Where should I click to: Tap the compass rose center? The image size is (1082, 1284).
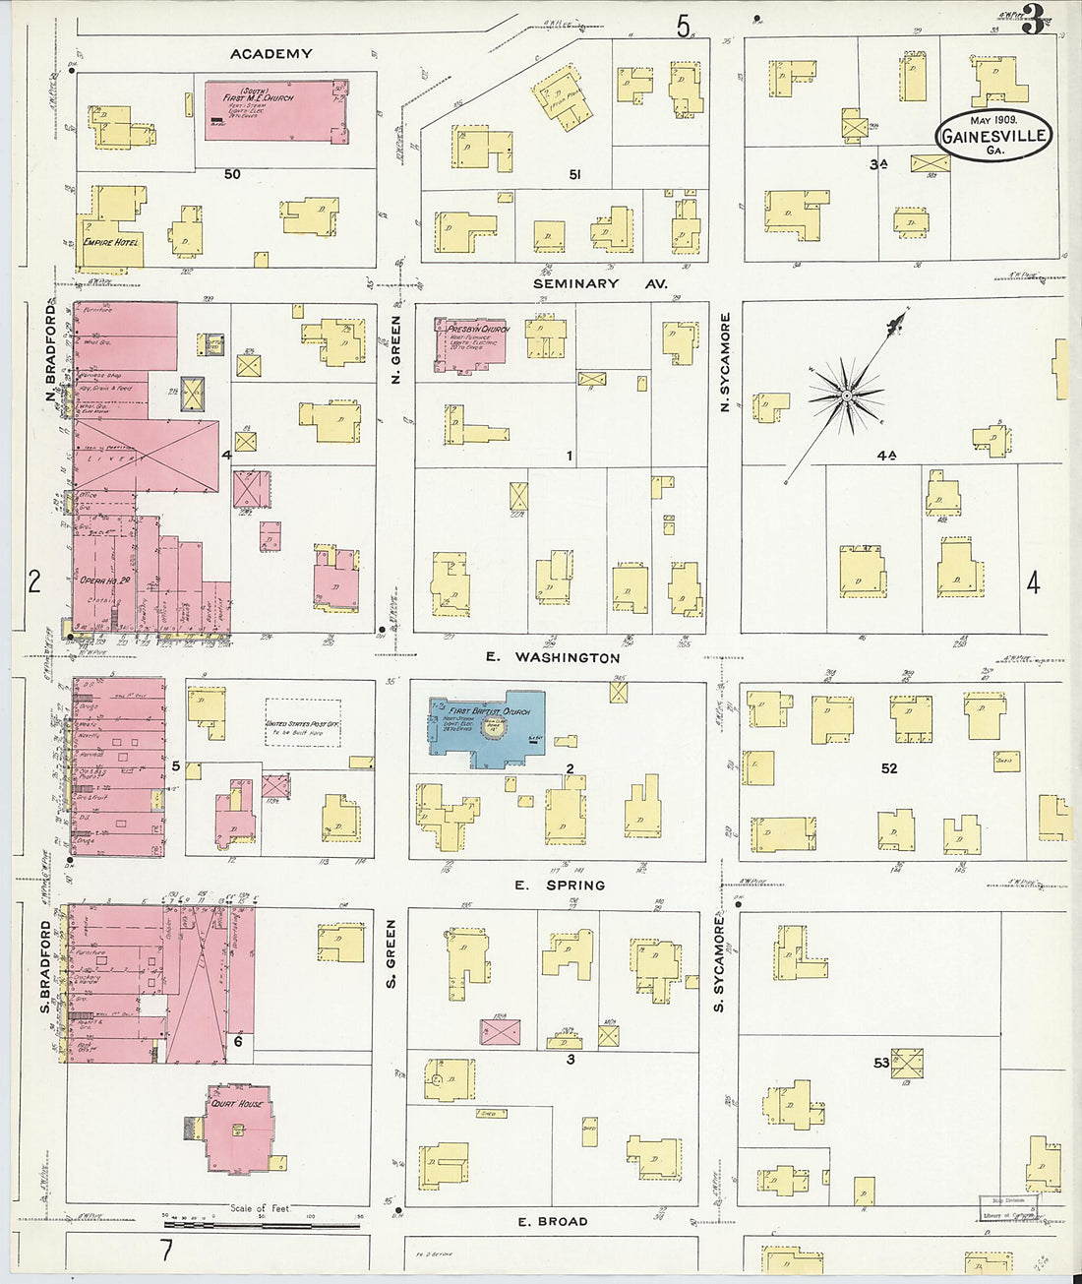[845, 397]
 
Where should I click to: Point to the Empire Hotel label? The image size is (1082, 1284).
[110, 241]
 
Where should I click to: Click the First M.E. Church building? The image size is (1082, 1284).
[275, 111]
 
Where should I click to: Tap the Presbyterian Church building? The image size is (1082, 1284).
[470, 345]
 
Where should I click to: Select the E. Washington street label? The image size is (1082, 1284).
[554, 657]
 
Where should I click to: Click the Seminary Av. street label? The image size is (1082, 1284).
[600, 283]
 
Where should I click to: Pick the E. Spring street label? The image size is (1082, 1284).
[560, 885]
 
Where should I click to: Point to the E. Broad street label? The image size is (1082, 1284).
[553, 1221]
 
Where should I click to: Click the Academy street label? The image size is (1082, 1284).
[271, 54]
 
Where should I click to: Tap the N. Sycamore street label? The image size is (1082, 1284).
[726, 361]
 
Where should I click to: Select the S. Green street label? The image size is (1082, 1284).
[391, 953]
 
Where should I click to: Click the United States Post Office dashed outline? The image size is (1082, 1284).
[303, 722]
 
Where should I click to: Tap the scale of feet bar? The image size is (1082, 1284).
[262, 1224]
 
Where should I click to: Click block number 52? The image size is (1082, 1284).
[889, 768]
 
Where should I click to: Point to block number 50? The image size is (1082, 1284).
[232, 174]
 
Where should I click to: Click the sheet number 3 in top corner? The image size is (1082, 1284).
[1032, 20]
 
